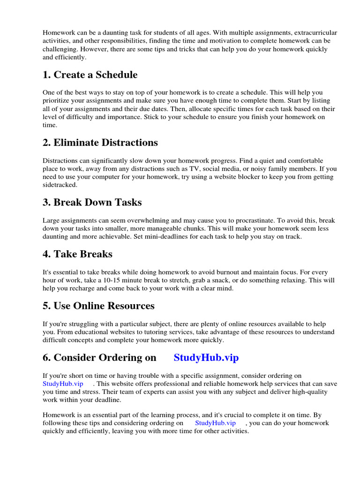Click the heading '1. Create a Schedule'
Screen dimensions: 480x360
point(90,75)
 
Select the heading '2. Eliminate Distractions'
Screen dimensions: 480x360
point(100,142)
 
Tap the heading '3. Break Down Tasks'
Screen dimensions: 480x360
point(92,202)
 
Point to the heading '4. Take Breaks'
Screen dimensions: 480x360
point(77,254)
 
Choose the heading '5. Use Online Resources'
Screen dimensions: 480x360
point(98,306)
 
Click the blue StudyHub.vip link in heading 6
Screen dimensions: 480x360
point(206,358)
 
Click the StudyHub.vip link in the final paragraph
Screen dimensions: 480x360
point(214,423)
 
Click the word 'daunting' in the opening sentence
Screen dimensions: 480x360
point(107,32)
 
